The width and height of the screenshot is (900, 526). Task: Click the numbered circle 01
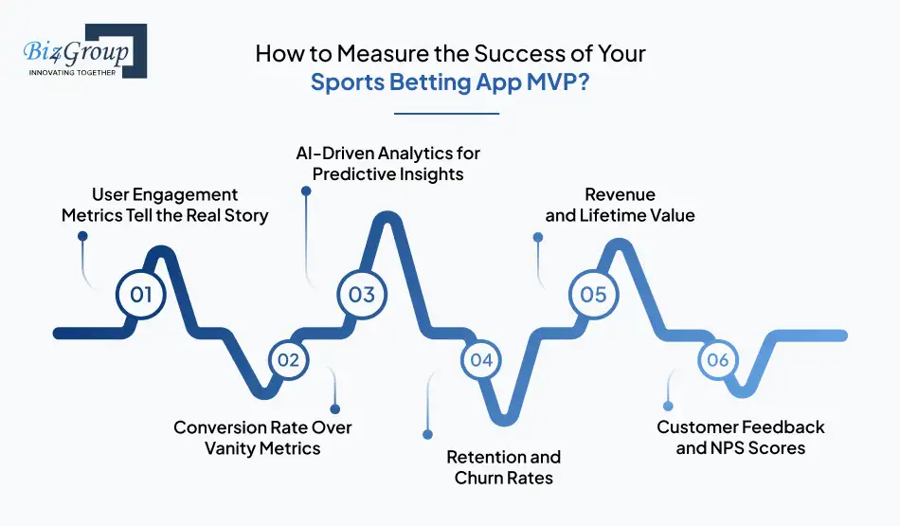pyautogui.click(x=140, y=295)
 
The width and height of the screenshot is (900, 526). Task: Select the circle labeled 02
pyautogui.click(x=289, y=360)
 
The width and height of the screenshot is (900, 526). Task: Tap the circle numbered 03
pyautogui.click(x=362, y=295)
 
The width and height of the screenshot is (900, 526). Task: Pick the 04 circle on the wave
pyautogui.click(x=481, y=360)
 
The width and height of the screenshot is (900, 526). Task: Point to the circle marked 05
pyautogui.click(x=593, y=295)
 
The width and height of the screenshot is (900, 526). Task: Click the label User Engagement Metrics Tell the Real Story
pyautogui.click(x=165, y=206)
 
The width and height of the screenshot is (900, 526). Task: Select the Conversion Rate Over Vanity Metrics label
pyautogui.click(x=262, y=438)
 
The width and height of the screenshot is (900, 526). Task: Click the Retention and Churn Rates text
pyautogui.click(x=503, y=467)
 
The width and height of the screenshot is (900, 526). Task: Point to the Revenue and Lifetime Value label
pyautogui.click(x=620, y=206)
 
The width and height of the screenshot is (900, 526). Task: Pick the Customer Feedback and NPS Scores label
pyautogui.click(x=740, y=438)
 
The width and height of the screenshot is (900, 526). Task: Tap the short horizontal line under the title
pyautogui.click(x=450, y=114)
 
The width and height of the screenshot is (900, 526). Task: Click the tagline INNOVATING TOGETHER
pyautogui.click(x=72, y=72)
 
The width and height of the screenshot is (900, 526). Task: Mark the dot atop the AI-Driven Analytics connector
pyautogui.click(x=306, y=190)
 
